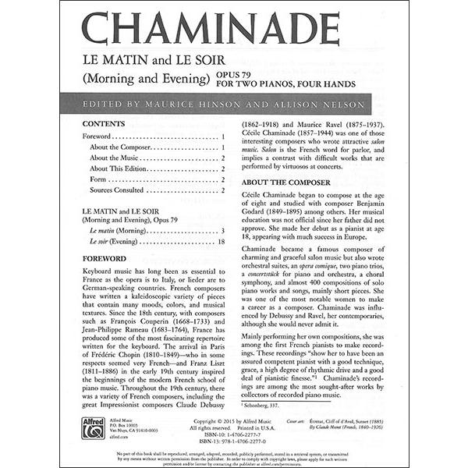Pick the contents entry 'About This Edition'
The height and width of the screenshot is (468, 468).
[x=119, y=168]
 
